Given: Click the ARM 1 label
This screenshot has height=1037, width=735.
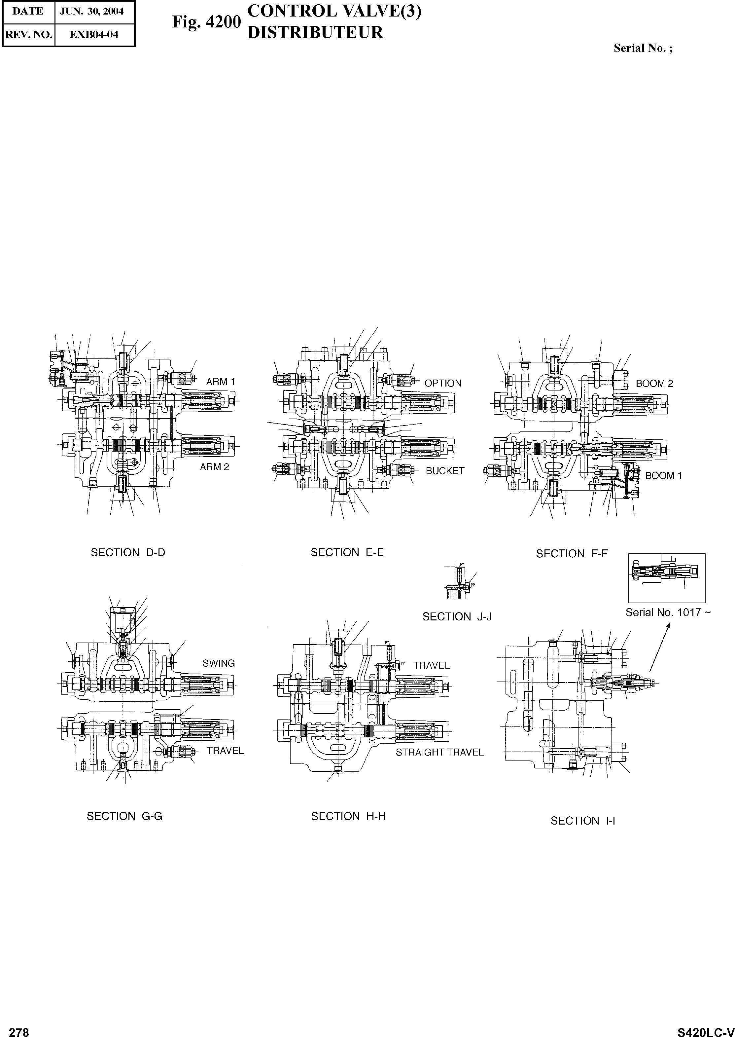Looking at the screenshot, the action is click(221, 382).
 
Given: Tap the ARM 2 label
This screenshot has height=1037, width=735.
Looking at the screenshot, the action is click(215, 467).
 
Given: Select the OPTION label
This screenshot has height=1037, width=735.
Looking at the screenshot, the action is click(443, 383).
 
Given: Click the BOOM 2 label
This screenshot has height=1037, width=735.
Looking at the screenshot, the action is click(654, 384).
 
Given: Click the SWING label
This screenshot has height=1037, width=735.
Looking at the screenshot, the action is click(219, 663).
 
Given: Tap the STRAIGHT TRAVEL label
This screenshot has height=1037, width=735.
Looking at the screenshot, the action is click(439, 752).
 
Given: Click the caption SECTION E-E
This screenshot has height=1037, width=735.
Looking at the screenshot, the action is click(347, 552).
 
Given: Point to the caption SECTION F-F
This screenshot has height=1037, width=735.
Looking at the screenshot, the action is click(572, 554).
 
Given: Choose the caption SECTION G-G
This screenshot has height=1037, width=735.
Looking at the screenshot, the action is click(124, 816).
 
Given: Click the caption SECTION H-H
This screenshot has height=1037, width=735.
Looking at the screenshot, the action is click(348, 816).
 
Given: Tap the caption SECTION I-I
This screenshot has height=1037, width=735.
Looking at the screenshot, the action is click(582, 821).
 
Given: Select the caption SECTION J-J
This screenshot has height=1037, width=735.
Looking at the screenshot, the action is click(457, 616).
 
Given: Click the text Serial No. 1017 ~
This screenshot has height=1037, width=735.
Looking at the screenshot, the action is click(668, 613).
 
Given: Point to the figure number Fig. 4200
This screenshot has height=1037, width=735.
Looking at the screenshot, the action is click(206, 22).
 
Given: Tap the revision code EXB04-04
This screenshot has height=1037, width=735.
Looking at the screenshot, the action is click(94, 34).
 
